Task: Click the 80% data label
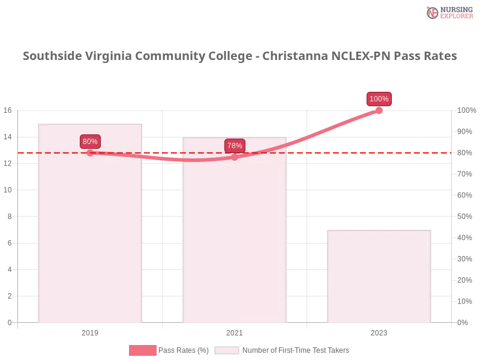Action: pos(90,142)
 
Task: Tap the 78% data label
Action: pos(235,146)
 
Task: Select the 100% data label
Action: pos(379,99)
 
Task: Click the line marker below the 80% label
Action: pos(90,152)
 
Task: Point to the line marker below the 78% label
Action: pos(235,157)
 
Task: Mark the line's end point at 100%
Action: pos(379,110)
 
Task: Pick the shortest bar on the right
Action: pos(379,276)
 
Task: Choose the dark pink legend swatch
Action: pos(142,350)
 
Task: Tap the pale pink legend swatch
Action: pos(227,350)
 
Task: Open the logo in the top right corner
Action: pos(449,13)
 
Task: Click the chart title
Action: pos(240,56)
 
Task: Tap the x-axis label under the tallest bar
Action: pos(91,332)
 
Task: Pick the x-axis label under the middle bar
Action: pos(235,332)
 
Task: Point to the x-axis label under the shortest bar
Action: pos(379,332)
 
